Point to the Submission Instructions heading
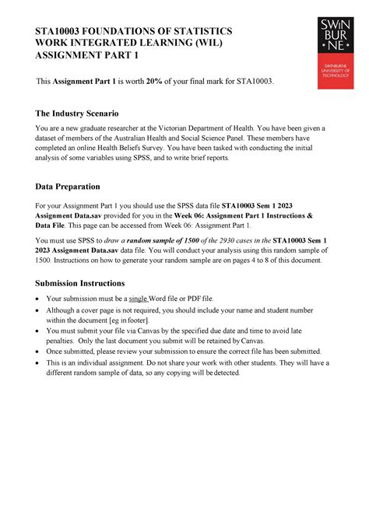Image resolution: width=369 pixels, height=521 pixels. pyautogui.click(x=80, y=283)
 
